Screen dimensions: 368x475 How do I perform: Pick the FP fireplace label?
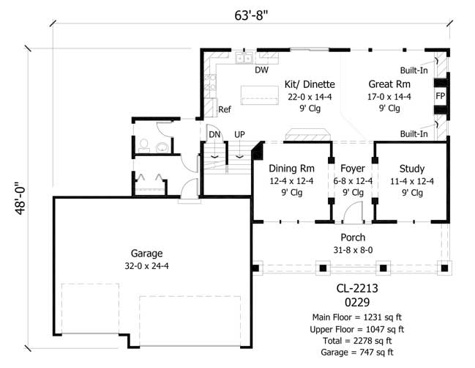pyautogui.click(x=440, y=96)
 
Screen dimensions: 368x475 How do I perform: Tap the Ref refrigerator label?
pyautogui.click(x=225, y=109)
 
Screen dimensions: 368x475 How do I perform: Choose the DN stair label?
pyautogui.click(x=214, y=135)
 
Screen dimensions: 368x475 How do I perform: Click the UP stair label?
pyautogui.click(x=239, y=135)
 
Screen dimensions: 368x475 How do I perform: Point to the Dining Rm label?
pyautogui.click(x=291, y=168)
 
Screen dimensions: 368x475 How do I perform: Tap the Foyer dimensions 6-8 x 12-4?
pyautogui.click(x=353, y=180)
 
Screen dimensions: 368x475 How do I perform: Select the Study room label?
pyautogui.click(x=411, y=168)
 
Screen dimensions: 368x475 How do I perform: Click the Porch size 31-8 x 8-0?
pyautogui.click(x=353, y=250)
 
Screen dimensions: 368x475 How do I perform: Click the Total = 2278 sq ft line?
pyautogui.click(x=353, y=339)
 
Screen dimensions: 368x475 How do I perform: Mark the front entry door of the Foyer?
pyautogui.click(x=354, y=213)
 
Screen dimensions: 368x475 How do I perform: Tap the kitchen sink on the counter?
pyautogui.click(x=244, y=58)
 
